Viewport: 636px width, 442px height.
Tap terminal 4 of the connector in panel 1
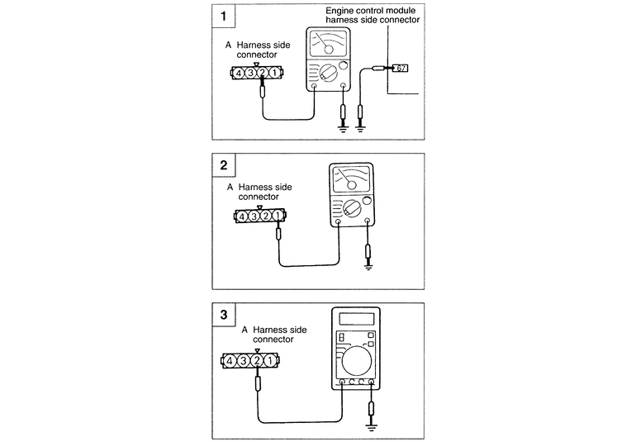pos(238,74)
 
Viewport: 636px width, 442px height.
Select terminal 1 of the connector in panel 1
pos(273,74)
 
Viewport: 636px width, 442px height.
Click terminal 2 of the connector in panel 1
pos(262,74)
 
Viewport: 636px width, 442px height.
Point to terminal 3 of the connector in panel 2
pos(255,217)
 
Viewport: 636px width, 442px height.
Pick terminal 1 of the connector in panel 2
pos(279,217)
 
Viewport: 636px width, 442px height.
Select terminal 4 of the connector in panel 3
pos(233,360)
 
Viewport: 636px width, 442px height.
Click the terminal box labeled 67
pos(401,68)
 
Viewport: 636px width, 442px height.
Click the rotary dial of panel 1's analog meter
pos(330,75)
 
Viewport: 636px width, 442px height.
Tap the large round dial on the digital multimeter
pos(356,360)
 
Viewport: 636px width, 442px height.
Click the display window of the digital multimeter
pos(356,319)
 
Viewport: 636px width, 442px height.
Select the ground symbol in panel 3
pos(373,428)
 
